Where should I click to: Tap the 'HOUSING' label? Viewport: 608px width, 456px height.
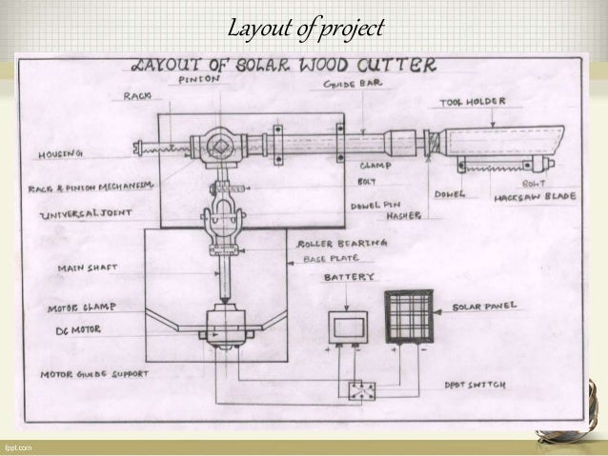pyautogui.click(x=60, y=152)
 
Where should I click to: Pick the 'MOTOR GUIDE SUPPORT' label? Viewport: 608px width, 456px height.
pyautogui.click(x=93, y=374)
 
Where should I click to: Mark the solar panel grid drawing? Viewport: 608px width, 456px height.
pyautogui.click(x=408, y=317)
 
